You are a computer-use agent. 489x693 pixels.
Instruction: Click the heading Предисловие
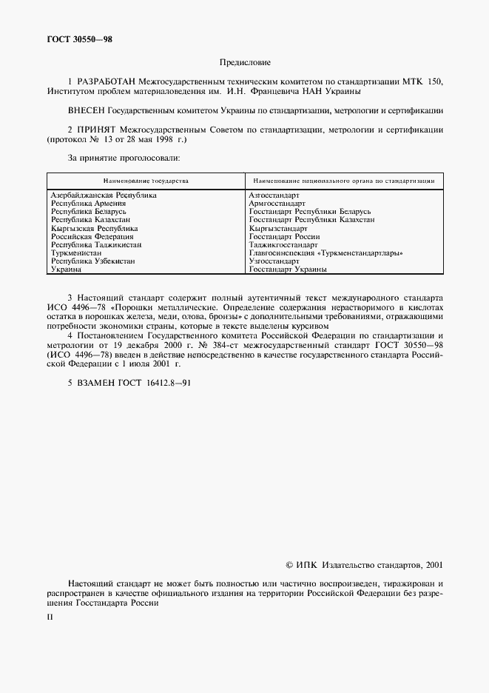pos(245,63)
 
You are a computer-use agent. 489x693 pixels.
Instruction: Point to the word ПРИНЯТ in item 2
pos(97,130)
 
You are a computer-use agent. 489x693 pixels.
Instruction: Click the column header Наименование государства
pos(146,181)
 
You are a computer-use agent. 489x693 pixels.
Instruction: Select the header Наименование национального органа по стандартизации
pos(343,181)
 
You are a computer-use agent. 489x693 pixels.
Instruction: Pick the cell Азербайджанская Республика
pos(104,195)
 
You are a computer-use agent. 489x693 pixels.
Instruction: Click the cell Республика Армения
pos(87,203)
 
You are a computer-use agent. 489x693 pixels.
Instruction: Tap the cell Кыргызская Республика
pos(93,228)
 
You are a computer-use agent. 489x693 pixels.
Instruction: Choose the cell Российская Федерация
pos(92,236)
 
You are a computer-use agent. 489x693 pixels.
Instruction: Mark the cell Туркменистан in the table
pos(75,253)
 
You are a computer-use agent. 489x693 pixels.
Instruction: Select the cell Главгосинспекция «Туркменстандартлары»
pos(326,253)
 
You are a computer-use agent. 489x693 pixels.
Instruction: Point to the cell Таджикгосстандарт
pos(283,244)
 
